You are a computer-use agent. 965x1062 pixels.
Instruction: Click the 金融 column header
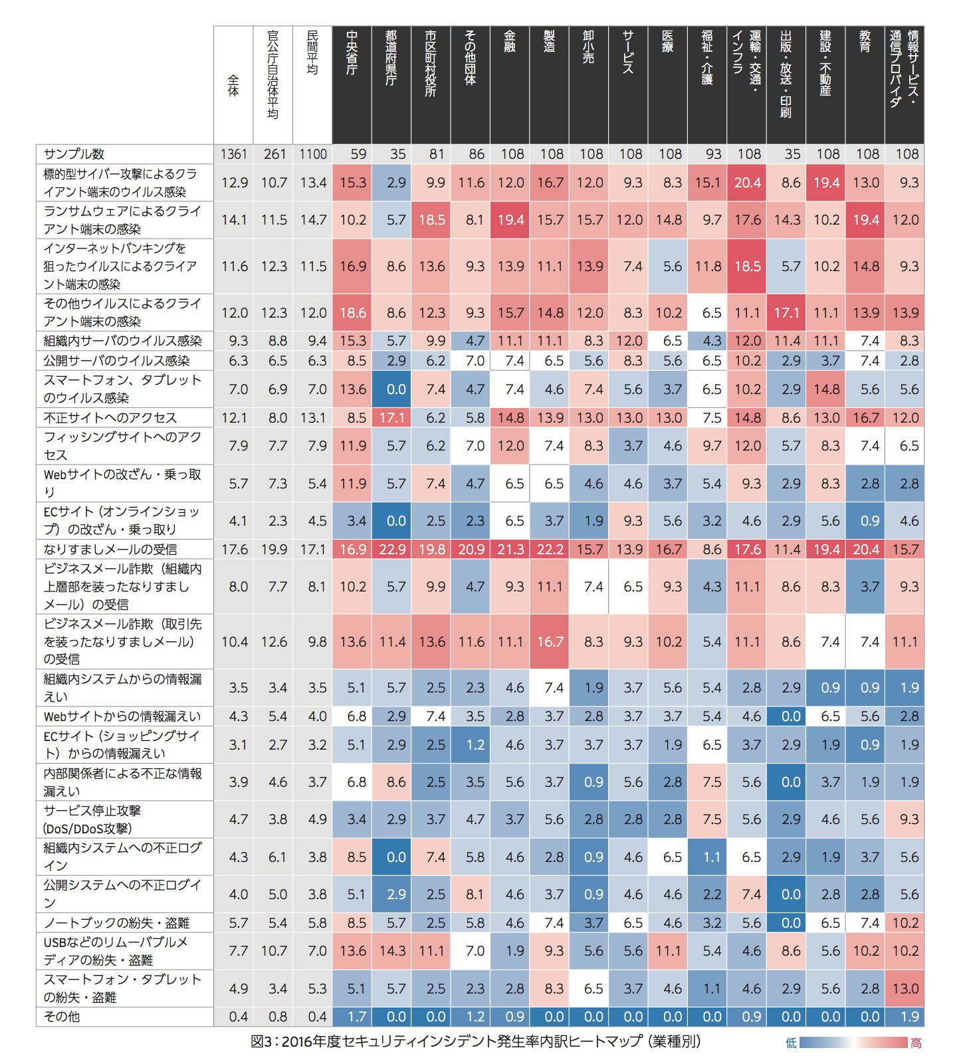(510, 41)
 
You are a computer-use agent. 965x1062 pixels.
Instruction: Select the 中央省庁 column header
(352, 53)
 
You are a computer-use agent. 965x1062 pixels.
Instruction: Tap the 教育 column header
(865, 41)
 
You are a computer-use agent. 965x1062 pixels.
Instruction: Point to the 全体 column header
(233, 86)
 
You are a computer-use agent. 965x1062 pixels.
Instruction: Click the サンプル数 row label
(74, 154)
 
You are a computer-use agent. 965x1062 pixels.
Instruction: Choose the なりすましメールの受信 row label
(110, 550)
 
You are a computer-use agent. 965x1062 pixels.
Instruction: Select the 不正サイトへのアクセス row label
(110, 418)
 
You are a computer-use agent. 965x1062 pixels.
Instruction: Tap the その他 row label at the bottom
(62, 1017)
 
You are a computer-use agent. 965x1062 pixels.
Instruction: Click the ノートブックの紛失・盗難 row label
(116, 923)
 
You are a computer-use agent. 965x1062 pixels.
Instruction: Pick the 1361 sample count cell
(233, 154)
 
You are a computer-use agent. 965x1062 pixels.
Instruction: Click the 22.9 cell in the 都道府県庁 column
(392, 550)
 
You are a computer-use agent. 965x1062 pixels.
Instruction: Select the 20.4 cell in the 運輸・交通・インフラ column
(747, 183)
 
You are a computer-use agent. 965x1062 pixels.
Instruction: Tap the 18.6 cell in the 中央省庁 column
(352, 312)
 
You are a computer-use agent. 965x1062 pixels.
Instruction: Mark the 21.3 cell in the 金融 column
(510, 550)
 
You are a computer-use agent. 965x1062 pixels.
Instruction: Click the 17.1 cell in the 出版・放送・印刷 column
(786, 312)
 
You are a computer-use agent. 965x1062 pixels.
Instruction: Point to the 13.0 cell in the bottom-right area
(905, 988)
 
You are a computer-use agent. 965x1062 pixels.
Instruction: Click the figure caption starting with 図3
(475, 1041)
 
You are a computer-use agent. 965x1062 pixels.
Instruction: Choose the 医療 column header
(668, 41)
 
